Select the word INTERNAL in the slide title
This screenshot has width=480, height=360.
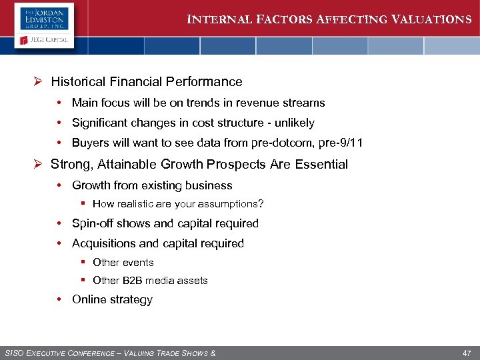(x=216, y=19)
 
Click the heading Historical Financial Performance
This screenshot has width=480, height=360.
(x=147, y=82)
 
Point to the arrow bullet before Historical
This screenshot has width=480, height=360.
(x=39, y=82)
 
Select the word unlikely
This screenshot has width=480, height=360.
(x=292, y=123)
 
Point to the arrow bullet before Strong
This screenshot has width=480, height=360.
(x=39, y=164)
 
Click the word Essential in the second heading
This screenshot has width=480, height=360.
(x=322, y=164)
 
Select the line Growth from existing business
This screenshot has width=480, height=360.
(x=152, y=185)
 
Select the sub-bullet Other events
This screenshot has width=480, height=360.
(x=123, y=263)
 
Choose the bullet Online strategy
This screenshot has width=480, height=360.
(x=112, y=299)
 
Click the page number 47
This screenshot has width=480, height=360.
(x=467, y=352)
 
